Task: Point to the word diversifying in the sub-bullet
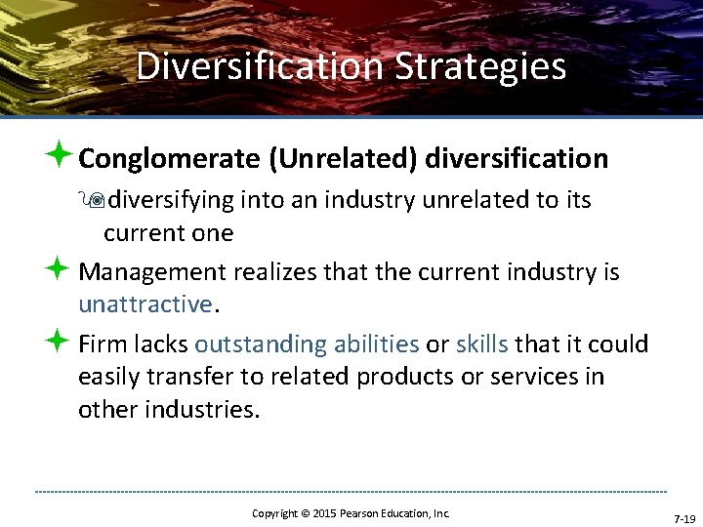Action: point(172,200)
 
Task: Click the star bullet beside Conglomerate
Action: point(60,156)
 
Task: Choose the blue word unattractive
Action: point(145,304)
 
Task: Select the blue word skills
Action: point(481,344)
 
